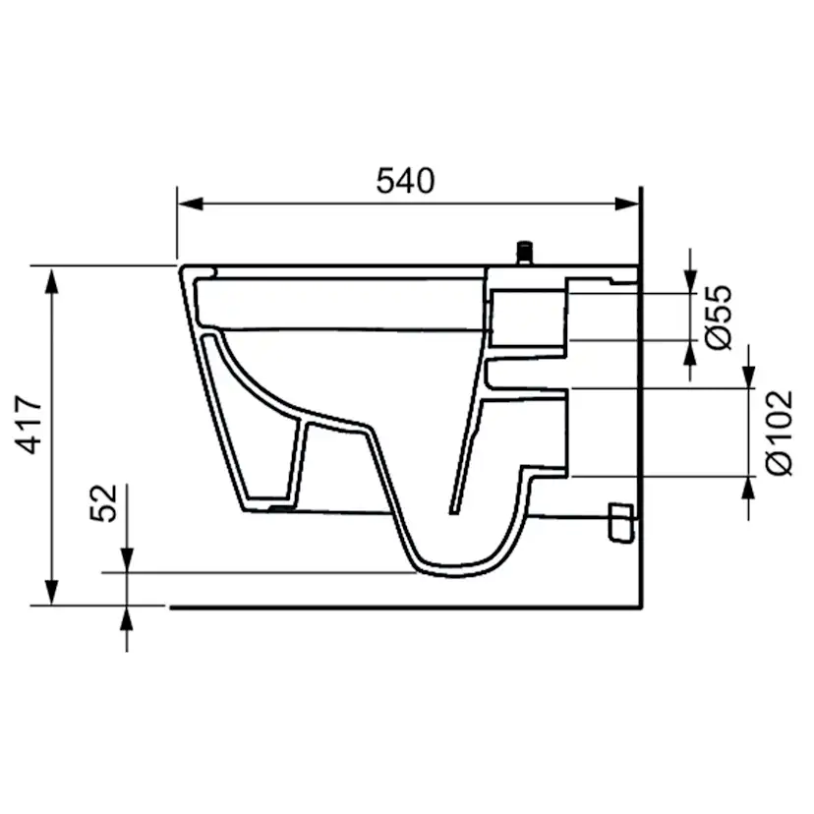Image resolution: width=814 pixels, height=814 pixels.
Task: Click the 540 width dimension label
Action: [405, 181]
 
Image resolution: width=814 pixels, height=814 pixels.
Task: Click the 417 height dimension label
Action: [29, 425]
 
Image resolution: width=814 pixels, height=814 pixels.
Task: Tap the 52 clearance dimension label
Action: [103, 502]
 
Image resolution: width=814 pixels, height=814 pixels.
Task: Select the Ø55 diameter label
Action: [718, 317]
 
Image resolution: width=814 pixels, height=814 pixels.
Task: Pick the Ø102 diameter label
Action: [779, 433]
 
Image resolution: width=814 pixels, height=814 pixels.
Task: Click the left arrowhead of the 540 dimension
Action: [191, 203]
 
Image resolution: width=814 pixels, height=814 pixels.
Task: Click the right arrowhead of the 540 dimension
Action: [626, 203]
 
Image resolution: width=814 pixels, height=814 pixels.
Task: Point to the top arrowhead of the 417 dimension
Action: [51, 280]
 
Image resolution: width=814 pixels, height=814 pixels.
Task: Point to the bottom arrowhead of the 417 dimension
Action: [51, 592]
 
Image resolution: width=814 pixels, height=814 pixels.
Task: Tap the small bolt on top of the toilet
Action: [525, 253]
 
